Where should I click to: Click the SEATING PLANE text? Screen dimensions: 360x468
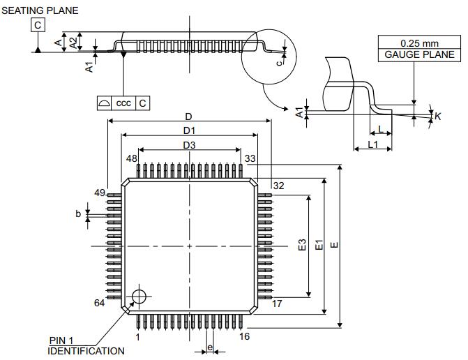[39, 10]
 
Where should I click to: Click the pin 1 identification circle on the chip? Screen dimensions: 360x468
[139, 296]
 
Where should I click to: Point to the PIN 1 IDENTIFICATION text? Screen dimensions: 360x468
[86, 345]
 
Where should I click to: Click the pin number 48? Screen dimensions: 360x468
[131, 158]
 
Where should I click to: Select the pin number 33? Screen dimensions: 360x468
[250, 158]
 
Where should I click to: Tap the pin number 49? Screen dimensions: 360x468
[99, 192]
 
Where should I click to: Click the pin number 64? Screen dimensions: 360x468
[99, 302]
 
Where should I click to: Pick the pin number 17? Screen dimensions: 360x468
[277, 303]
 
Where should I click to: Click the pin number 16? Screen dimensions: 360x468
[244, 336]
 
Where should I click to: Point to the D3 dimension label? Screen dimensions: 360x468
[189, 144]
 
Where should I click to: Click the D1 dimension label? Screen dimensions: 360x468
[189, 130]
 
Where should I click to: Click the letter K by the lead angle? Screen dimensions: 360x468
[438, 117]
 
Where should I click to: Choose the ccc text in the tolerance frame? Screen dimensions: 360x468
[123, 103]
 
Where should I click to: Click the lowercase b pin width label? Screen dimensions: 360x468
[79, 213]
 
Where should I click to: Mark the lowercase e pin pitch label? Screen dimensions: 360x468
[209, 347]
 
